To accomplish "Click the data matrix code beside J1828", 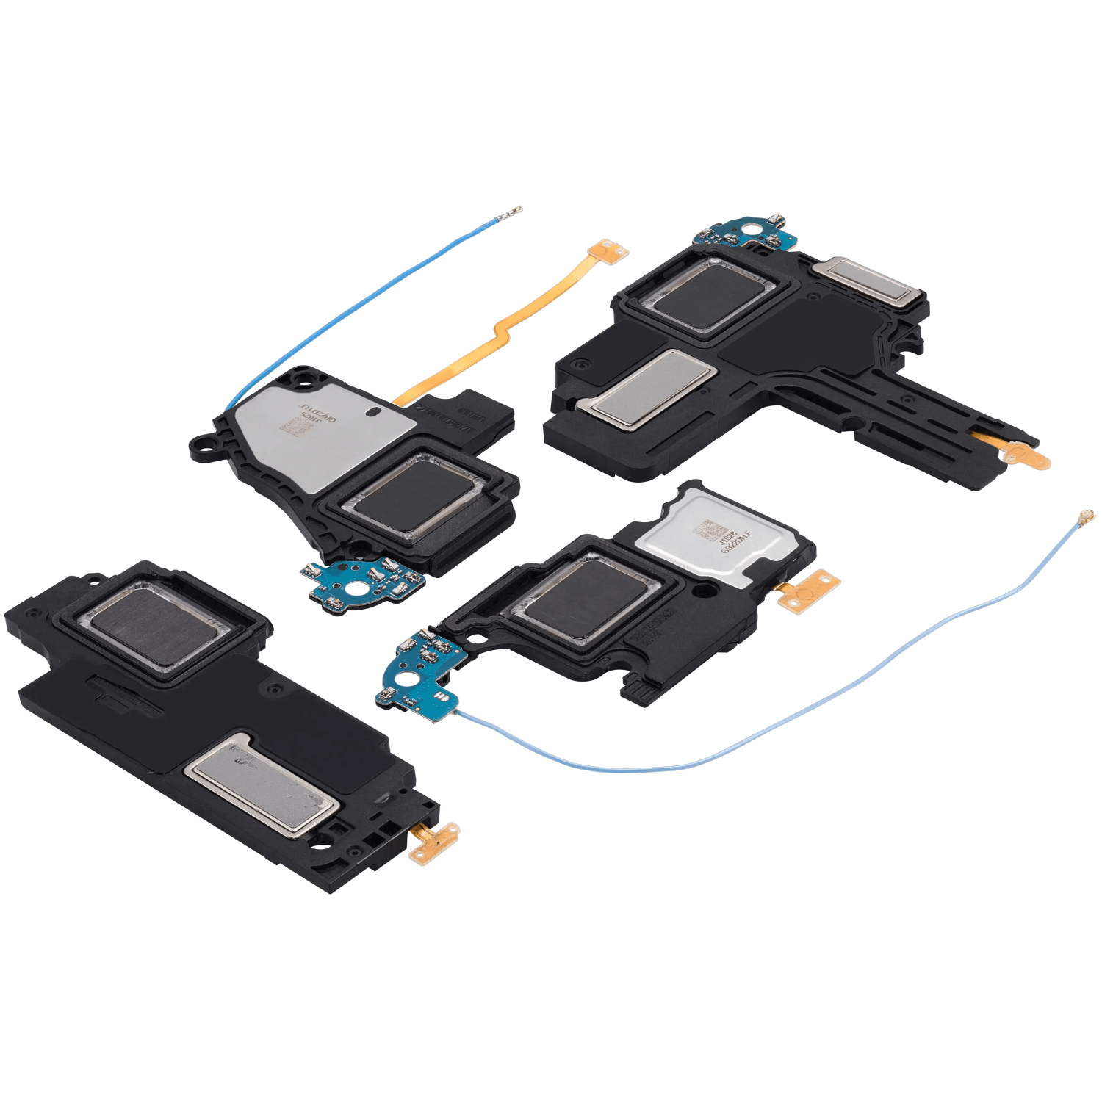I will pos(711,530).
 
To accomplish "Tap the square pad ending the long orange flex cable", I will pos(612,250).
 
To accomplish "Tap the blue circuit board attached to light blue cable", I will pos(419,670).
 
